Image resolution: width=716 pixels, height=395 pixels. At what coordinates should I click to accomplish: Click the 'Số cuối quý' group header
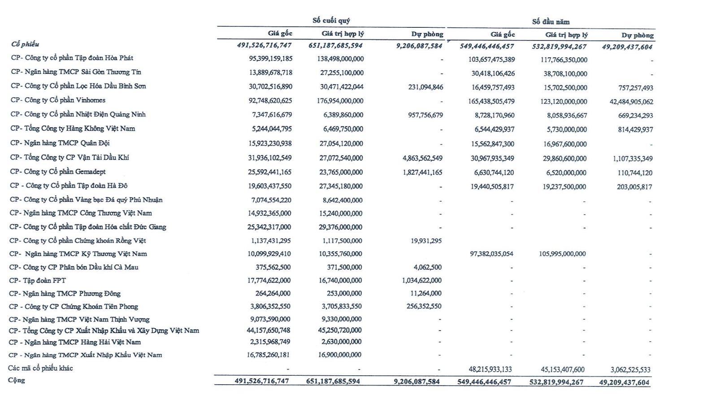pos(331,20)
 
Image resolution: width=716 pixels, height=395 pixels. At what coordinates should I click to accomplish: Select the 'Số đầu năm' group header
pos(551,21)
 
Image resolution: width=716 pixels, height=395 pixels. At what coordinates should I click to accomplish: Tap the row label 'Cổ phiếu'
pos(25,44)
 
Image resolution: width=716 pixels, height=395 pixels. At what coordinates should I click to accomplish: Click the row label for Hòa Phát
pos(72,58)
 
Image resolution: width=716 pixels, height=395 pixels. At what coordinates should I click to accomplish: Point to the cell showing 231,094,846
pos(425,87)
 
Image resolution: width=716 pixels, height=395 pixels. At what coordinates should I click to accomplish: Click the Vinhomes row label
pos(58,100)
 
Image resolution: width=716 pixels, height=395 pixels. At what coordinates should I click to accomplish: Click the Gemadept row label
pos(58,172)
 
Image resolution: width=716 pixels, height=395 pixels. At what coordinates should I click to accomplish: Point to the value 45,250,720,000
pos(340,330)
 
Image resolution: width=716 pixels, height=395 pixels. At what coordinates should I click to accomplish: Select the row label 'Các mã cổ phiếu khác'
pos(40,368)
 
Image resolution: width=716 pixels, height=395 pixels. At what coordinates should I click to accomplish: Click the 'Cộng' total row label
pos(16,380)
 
